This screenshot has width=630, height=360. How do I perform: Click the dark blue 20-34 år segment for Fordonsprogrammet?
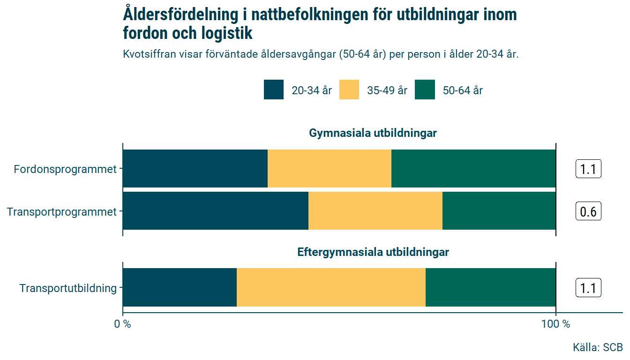195,169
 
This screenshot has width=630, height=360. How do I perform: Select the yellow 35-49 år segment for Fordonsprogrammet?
329,169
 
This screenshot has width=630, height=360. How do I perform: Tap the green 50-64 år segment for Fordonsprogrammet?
473,169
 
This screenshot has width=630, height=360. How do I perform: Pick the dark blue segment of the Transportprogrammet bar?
215,211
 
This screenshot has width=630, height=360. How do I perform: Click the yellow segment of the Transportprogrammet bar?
375,211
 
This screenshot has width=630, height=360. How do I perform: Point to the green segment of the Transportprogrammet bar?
499,211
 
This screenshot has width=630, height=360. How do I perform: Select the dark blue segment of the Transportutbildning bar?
180,287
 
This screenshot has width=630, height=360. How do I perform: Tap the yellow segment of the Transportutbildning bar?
331,287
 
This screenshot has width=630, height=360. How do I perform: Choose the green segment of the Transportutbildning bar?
490,287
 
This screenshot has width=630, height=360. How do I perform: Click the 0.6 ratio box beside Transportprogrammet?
588,212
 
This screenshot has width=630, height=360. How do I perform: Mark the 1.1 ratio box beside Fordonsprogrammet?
588,169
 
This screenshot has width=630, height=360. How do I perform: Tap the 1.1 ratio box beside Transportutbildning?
588,288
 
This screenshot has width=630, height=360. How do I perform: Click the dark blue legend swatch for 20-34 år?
274,90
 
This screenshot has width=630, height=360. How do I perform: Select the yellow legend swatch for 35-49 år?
349,90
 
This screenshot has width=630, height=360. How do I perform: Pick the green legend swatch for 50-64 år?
425,90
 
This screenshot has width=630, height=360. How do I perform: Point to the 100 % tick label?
555,324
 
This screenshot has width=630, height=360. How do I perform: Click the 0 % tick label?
123,324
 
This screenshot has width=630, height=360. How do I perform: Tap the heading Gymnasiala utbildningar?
373,133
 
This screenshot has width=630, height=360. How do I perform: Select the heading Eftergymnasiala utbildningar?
373,252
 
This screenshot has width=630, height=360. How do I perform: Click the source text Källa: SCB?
598,347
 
